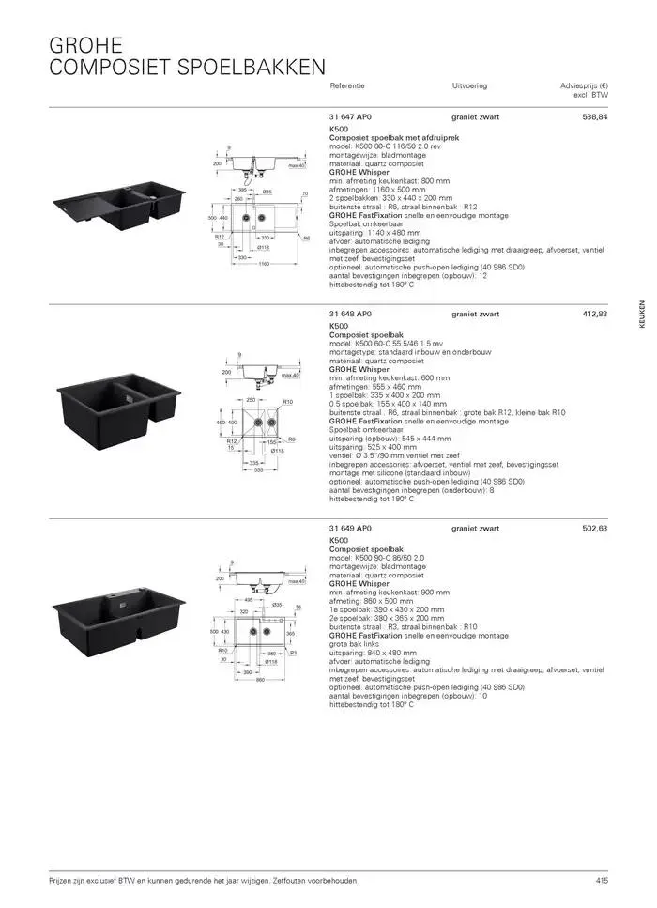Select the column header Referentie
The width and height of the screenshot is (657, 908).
(347, 85)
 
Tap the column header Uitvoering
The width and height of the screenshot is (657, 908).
(469, 85)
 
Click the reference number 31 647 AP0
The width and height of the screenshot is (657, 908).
(351, 117)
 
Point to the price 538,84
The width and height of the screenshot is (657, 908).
(594, 117)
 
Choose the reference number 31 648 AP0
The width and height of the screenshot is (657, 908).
(351, 314)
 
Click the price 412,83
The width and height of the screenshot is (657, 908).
(594, 314)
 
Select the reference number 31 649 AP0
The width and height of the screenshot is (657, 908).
(351, 529)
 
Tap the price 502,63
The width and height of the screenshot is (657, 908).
(594, 529)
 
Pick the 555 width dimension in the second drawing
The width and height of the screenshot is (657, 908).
(254, 470)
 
